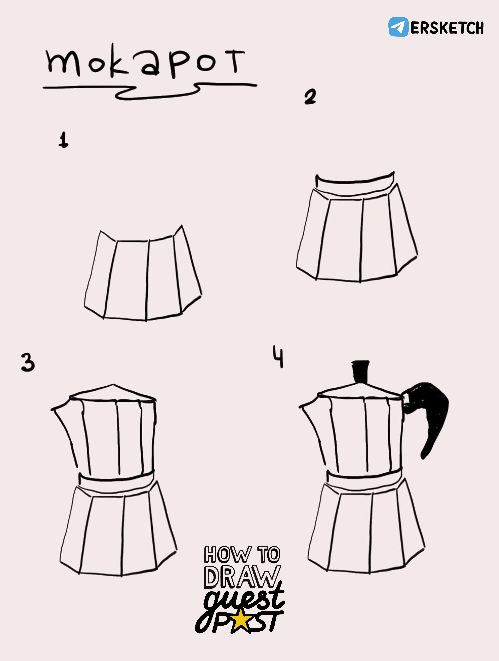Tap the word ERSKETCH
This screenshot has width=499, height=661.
coord(447,28)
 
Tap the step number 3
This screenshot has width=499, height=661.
coord(28,362)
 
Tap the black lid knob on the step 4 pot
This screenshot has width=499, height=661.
coord(361,371)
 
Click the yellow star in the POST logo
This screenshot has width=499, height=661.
coord(240,621)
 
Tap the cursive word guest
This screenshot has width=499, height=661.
coord(244,598)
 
